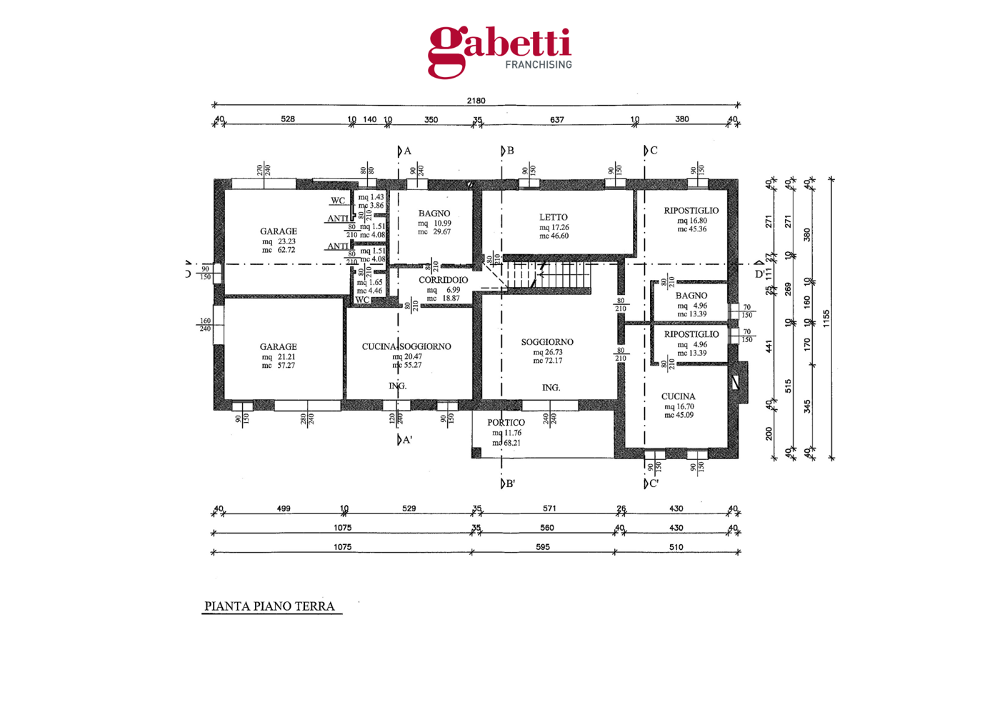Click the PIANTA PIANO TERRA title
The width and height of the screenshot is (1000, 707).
[x=269, y=606]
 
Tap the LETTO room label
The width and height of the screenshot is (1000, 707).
[x=554, y=217]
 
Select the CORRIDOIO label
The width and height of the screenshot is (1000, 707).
[x=443, y=280]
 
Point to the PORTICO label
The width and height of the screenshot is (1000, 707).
[x=506, y=423]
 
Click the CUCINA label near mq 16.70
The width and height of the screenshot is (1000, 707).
[x=678, y=396]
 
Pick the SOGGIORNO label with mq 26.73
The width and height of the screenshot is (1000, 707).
[x=547, y=342]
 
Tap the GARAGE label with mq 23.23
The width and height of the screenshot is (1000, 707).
[x=279, y=231]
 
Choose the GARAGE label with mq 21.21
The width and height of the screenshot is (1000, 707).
[x=278, y=347]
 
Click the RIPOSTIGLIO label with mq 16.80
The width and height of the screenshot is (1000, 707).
[x=691, y=211]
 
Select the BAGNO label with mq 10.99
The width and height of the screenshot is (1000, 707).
[x=434, y=214]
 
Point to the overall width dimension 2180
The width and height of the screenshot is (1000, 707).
[x=476, y=101]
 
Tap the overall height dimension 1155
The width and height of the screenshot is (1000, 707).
[x=826, y=319]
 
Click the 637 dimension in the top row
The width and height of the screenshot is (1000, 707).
[x=557, y=120]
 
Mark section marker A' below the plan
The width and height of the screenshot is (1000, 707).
[x=405, y=440]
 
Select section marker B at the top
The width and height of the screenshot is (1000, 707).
[x=508, y=151]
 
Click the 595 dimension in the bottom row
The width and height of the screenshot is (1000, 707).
[x=543, y=547]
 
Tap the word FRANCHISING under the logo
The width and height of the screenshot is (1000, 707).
[x=539, y=64]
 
